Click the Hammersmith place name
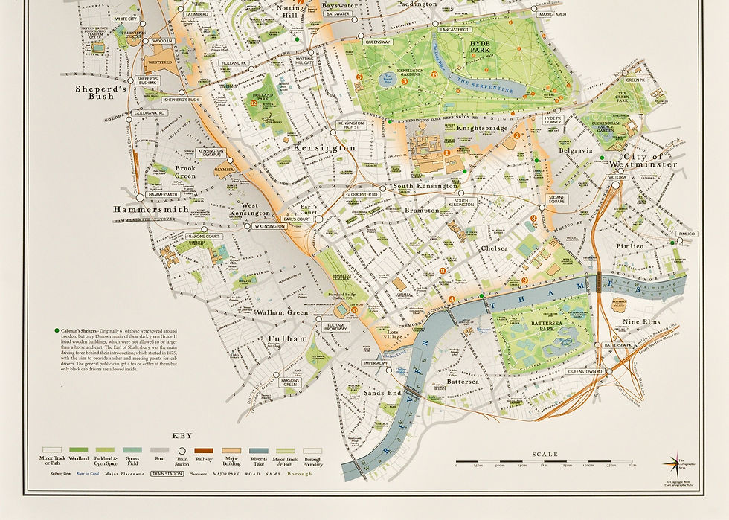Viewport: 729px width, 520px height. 145,210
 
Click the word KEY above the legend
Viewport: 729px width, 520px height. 182,435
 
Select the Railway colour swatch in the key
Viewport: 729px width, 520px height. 203,450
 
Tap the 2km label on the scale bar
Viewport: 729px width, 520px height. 632,464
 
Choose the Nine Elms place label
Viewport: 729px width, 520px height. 640,321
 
